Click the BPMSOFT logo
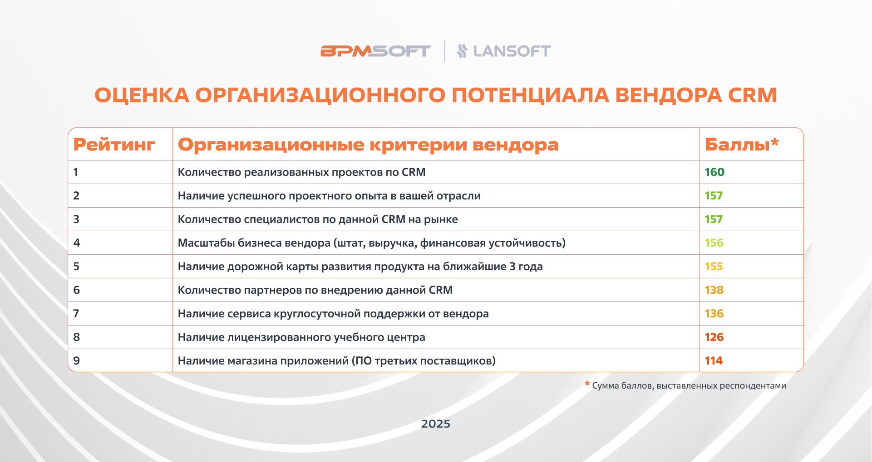click(375, 51)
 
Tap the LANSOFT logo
click(504, 51)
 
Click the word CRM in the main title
click(753, 95)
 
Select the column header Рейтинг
click(114, 145)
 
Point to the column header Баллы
click(742, 144)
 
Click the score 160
click(714, 172)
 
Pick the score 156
click(714, 243)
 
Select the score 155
click(714, 267)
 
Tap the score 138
click(714, 290)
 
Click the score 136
click(714, 314)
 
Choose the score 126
click(714, 337)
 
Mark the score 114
click(714, 361)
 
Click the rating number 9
click(76, 361)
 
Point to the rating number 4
click(77, 243)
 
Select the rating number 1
click(76, 172)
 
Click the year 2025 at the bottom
click(436, 424)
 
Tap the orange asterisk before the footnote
click(587, 384)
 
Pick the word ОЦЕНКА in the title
click(142, 95)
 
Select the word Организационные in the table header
click(271, 145)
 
